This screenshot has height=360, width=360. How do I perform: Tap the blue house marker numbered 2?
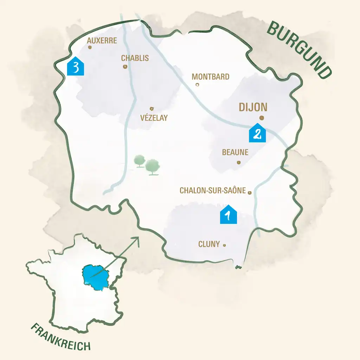[x=257, y=133]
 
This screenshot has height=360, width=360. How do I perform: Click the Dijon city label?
[x=253, y=107]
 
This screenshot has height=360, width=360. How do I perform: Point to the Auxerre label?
[x=102, y=41]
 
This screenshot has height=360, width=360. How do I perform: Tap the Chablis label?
[x=135, y=58]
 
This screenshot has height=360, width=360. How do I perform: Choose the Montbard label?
[x=211, y=77]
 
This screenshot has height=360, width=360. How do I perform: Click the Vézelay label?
[x=154, y=118]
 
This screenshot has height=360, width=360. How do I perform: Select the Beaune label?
[x=235, y=153]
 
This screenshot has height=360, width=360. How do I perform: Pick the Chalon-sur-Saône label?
[x=213, y=190]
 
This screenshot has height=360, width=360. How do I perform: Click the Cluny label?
[x=209, y=244]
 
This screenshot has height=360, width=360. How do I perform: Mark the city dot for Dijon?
[x=262, y=118]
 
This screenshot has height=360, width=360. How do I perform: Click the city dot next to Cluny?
[x=225, y=245]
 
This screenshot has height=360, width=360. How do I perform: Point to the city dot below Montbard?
[x=197, y=85]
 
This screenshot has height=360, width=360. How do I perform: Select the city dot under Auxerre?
[x=90, y=47]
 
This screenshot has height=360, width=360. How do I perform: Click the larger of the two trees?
[x=153, y=166]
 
